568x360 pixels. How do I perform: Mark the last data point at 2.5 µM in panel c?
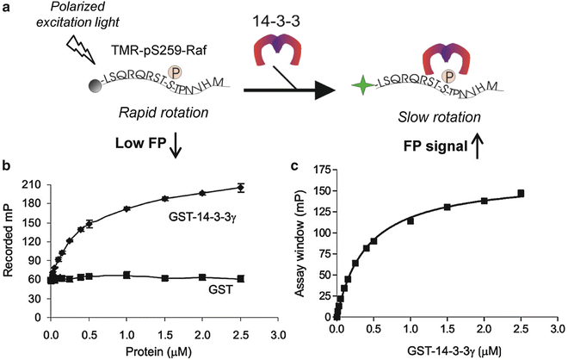521,194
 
